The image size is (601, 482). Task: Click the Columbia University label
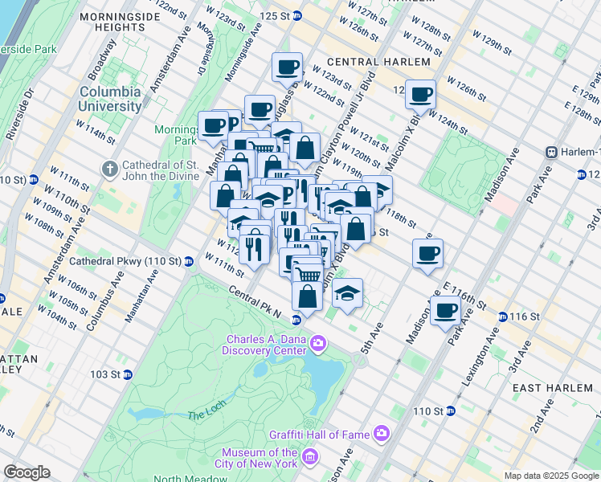(x=109, y=99)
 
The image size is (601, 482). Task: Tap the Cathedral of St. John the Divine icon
(x=110, y=170)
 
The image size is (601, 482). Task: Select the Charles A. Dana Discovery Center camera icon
(x=319, y=344)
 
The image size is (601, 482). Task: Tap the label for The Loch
(x=202, y=415)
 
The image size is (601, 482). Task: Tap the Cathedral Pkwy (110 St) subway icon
(x=188, y=261)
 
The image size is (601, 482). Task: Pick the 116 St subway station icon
(x=502, y=317)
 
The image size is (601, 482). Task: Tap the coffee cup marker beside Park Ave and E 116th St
(x=445, y=310)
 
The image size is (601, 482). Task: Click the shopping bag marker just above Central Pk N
(x=307, y=296)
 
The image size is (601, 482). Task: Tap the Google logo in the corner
(x=27, y=472)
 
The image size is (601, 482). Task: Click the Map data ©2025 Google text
(x=551, y=476)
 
